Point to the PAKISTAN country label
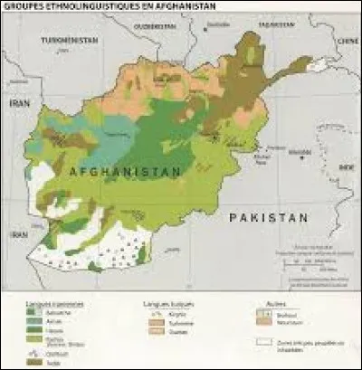point(269,218)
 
